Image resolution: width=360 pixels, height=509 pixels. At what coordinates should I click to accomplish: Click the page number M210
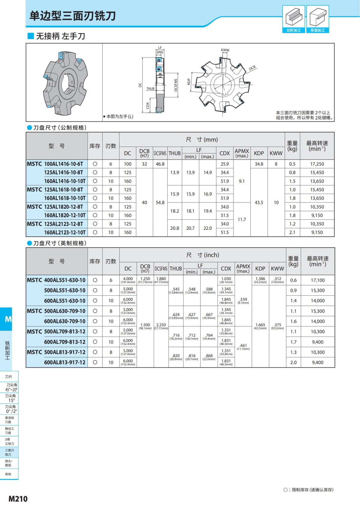(x=18, y=499)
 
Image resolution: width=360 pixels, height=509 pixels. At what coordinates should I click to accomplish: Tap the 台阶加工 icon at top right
(x=293, y=19)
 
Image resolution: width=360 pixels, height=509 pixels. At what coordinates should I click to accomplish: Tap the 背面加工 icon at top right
(x=317, y=19)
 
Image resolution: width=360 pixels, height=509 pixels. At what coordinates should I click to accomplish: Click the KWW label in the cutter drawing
(x=225, y=50)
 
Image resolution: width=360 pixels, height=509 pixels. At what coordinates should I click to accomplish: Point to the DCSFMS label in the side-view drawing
(x=176, y=85)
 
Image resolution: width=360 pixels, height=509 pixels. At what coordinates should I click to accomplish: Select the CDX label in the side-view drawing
(x=148, y=106)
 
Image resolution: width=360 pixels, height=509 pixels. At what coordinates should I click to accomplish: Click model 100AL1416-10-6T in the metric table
(x=65, y=164)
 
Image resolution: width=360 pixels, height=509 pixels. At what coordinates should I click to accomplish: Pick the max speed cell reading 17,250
(x=317, y=164)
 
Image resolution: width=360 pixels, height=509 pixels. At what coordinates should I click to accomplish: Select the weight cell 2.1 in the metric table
(x=292, y=232)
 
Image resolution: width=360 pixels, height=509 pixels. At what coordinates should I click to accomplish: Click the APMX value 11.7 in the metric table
(x=241, y=220)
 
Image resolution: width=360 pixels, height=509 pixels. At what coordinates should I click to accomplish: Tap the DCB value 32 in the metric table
(x=144, y=164)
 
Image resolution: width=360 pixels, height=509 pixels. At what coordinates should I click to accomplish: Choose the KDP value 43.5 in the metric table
(x=259, y=202)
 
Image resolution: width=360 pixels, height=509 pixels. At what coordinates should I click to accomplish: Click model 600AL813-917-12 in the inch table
(x=64, y=362)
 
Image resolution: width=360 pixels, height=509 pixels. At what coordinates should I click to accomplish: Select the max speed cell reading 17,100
(x=317, y=280)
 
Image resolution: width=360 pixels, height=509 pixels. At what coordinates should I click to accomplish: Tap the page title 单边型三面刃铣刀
(x=72, y=16)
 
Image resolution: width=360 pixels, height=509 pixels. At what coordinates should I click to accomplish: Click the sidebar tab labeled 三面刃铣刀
(x=9, y=452)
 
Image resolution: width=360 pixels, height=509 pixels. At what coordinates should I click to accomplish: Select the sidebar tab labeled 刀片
(x=9, y=376)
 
